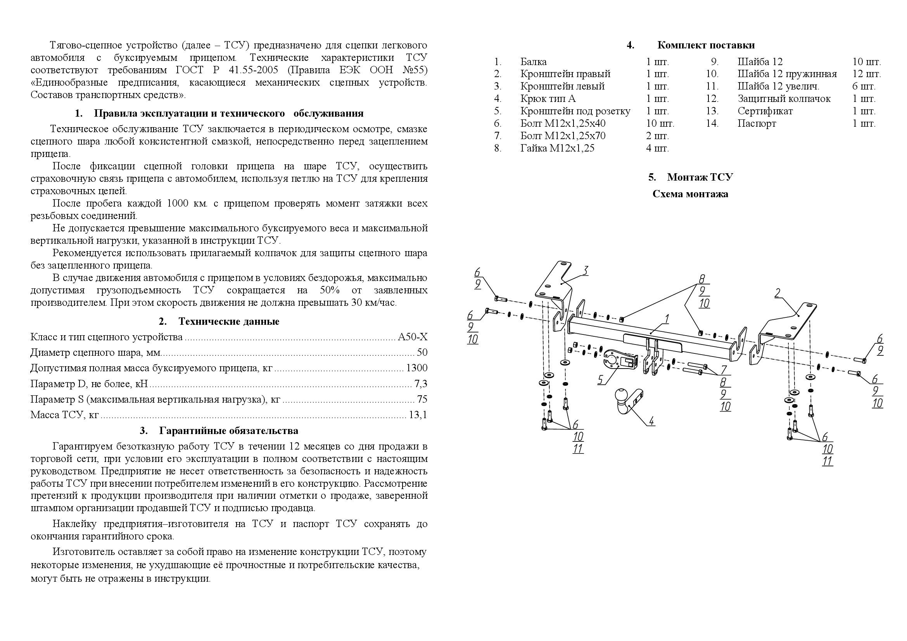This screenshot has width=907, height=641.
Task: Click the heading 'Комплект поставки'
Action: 705,45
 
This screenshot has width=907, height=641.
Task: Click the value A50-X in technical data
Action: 413,337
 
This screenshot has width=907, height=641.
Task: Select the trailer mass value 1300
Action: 417,368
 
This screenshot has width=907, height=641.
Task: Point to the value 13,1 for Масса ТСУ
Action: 419,415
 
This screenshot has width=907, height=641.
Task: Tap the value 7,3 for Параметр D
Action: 421,384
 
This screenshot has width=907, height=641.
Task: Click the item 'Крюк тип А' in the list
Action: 548,99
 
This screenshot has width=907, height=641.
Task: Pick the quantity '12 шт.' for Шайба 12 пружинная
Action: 866,74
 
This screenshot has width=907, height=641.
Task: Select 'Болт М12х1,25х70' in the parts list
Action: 563,136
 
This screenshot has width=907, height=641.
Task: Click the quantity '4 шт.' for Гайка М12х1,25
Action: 657,148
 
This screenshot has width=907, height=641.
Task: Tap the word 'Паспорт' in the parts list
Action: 757,124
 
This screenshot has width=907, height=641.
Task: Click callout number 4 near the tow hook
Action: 651,421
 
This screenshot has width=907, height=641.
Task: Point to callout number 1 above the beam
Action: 667,319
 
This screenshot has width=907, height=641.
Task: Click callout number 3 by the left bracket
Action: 586,271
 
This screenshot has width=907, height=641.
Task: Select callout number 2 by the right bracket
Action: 777,293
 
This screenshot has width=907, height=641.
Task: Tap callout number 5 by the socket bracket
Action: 600,380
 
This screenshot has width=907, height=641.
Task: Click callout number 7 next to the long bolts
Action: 723,370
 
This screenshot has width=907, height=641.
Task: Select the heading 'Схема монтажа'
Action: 690,194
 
